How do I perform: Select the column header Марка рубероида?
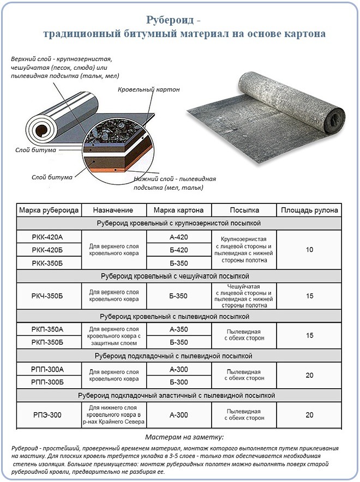point(49,210)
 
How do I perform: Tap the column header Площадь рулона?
point(309,210)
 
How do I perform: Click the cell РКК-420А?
point(48,237)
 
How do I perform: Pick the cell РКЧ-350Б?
point(48,296)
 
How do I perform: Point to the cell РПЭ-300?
point(48,415)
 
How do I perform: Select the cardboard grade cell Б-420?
point(178,250)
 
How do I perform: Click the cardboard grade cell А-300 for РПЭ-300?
point(178,415)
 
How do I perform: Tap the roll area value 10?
point(309,250)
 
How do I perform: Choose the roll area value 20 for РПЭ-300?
point(309,415)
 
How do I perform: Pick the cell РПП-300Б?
point(48,382)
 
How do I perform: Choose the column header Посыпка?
point(244,210)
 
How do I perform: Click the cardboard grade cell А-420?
point(178,237)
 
